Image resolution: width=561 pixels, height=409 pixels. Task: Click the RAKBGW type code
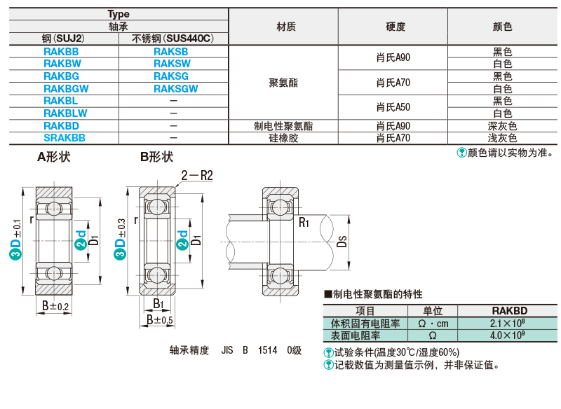(x=66, y=88)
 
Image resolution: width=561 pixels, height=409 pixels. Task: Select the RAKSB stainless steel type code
(x=170, y=52)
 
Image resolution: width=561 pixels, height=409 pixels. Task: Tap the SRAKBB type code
(x=65, y=138)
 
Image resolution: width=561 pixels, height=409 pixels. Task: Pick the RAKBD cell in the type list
(x=61, y=126)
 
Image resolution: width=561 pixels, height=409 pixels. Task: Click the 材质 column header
(x=286, y=27)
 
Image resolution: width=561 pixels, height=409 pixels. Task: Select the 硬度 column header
(x=396, y=27)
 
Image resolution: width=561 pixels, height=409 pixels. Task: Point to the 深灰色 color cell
(x=502, y=126)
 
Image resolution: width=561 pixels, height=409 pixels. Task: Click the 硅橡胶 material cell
(x=283, y=138)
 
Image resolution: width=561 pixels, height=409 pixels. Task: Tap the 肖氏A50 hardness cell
(x=393, y=107)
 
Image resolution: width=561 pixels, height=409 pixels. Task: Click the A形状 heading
(x=54, y=157)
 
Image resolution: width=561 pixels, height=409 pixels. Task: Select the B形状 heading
(x=156, y=157)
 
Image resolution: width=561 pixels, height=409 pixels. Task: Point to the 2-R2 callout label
(x=197, y=176)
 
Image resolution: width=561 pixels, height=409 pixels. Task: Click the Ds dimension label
(x=342, y=242)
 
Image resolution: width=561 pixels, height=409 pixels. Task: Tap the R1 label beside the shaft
(x=304, y=223)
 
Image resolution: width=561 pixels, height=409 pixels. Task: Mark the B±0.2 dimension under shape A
(x=55, y=306)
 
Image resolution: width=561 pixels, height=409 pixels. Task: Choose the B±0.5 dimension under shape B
(x=160, y=319)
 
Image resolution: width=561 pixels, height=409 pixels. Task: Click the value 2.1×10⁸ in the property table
(x=507, y=324)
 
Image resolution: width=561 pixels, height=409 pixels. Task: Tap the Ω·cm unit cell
(x=433, y=324)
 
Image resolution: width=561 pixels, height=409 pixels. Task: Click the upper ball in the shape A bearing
(x=54, y=208)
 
